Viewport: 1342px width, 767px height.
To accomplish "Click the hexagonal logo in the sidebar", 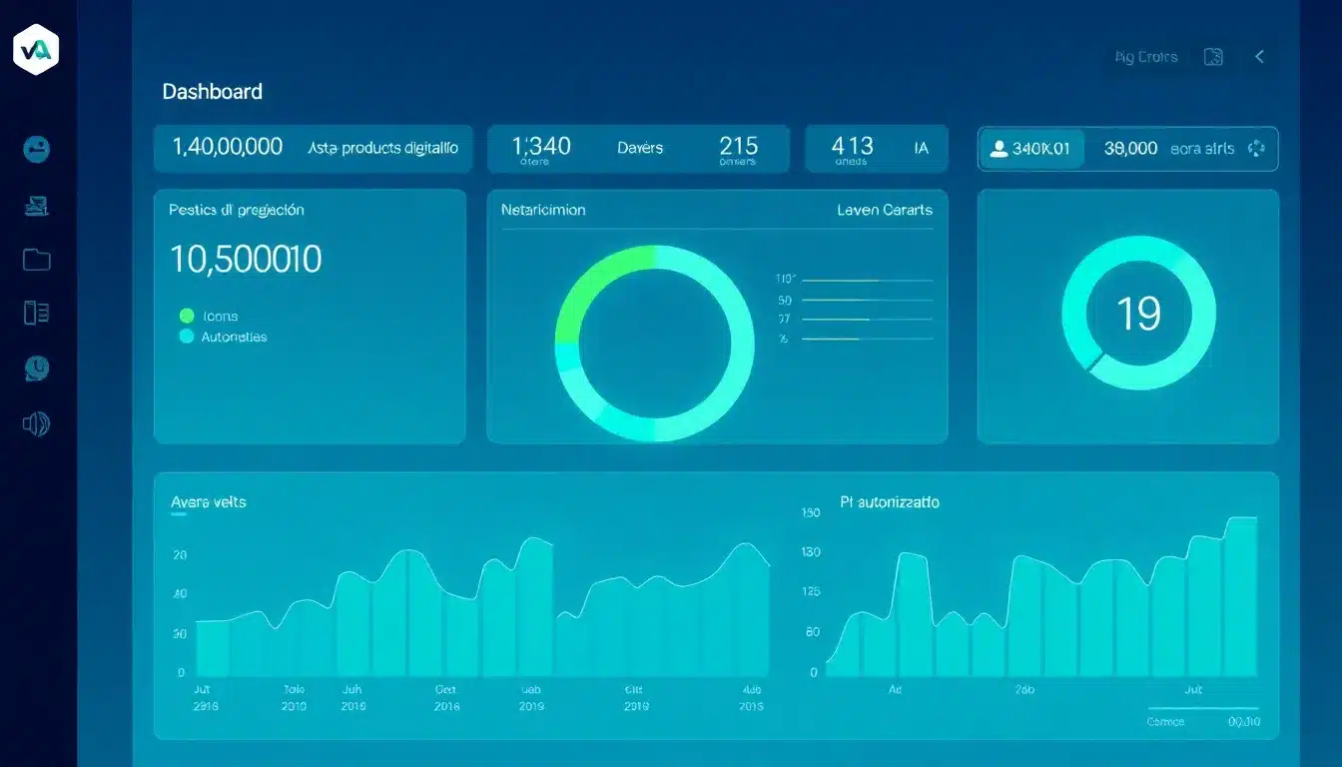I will pos(36,49).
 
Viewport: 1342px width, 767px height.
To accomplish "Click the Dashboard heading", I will pos(212,91).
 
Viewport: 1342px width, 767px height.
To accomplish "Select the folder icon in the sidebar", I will pos(37,260).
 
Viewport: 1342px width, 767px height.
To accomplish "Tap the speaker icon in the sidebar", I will pos(36,423).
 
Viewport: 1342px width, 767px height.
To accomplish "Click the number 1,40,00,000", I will pos(228,147).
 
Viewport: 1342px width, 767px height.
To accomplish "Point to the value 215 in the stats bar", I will pos(738,146).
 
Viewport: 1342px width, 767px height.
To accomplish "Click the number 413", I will pos(852,146).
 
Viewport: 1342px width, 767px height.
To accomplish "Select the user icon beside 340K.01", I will pos(997,149).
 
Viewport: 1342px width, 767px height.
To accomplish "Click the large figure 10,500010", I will pos(246,260).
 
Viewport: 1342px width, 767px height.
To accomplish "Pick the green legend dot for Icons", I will pos(187,316).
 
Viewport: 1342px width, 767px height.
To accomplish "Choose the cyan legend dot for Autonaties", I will pos(187,337).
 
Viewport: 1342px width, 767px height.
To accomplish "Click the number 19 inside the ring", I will pos(1138,314).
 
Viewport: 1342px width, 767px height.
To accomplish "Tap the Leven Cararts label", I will pos(885,210).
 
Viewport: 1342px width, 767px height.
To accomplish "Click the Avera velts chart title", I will pos(209,501).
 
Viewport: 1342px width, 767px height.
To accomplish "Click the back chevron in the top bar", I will pos(1260,57).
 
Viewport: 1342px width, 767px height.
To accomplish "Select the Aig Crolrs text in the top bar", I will pos(1146,57).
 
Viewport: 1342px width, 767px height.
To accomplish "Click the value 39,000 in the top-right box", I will pos(1130,148).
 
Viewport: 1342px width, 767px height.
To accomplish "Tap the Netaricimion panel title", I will pos(543,210).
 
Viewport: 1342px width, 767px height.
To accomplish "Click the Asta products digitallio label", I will pos(383,148).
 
